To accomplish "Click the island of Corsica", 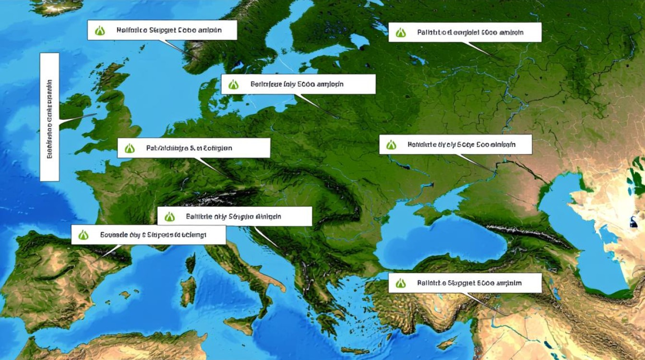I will [x=191, y=264].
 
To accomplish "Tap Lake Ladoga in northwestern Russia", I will [x=358, y=41].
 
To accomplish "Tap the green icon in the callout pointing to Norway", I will [x=100, y=31].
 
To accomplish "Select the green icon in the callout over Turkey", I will [x=400, y=283].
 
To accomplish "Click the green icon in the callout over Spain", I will [x=84, y=235].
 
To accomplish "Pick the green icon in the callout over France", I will [x=130, y=148].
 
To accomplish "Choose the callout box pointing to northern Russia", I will [x=465, y=32].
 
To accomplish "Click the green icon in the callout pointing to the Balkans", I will [x=169, y=216].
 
